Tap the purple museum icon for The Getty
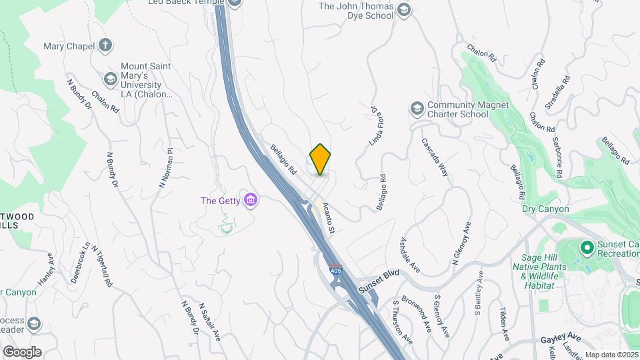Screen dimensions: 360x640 [x=251, y=200]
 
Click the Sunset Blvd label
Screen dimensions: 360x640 [x=378, y=280]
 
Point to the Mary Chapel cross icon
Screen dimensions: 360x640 [x=105, y=46]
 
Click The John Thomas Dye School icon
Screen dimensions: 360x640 [x=403, y=9]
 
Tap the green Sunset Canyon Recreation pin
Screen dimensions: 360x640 [x=587, y=249]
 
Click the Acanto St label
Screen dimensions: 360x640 [x=327, y=217]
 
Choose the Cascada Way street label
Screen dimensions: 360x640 [x=435, y=157]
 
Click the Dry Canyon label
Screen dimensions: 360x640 [x=545, y=209]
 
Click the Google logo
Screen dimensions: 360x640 [x=22, y=351]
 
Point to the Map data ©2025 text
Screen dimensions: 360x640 [x=611, y=355]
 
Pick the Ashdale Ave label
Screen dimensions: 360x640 [x=409, y=255]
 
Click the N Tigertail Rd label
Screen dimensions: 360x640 [x=100, y=265]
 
